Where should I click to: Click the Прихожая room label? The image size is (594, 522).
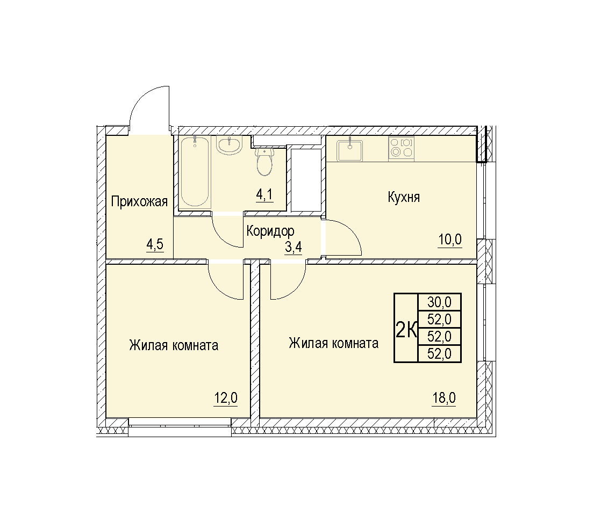point(139,201)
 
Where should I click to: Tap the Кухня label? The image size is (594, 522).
point(404,197)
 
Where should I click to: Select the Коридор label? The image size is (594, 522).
point(270,230)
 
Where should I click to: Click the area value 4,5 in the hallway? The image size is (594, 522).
point(155,244)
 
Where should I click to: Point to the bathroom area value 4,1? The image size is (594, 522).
point(264,194)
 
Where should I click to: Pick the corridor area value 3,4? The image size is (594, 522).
point(293,247)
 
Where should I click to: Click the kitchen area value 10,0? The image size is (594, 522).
point(450,240)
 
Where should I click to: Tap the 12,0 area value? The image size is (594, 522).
point(226,398)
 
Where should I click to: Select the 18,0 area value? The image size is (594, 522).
point(444,398)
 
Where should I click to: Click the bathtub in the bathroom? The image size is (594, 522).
point(195,171)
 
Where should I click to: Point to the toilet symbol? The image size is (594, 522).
point(264,162)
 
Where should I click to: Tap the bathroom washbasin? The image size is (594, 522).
point(229,146)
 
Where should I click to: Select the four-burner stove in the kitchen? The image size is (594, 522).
point(401,149)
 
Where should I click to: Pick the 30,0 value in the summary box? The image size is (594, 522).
point(439,302)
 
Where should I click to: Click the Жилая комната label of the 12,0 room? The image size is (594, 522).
point(174,345)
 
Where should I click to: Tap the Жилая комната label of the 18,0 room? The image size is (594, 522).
point(333,343)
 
